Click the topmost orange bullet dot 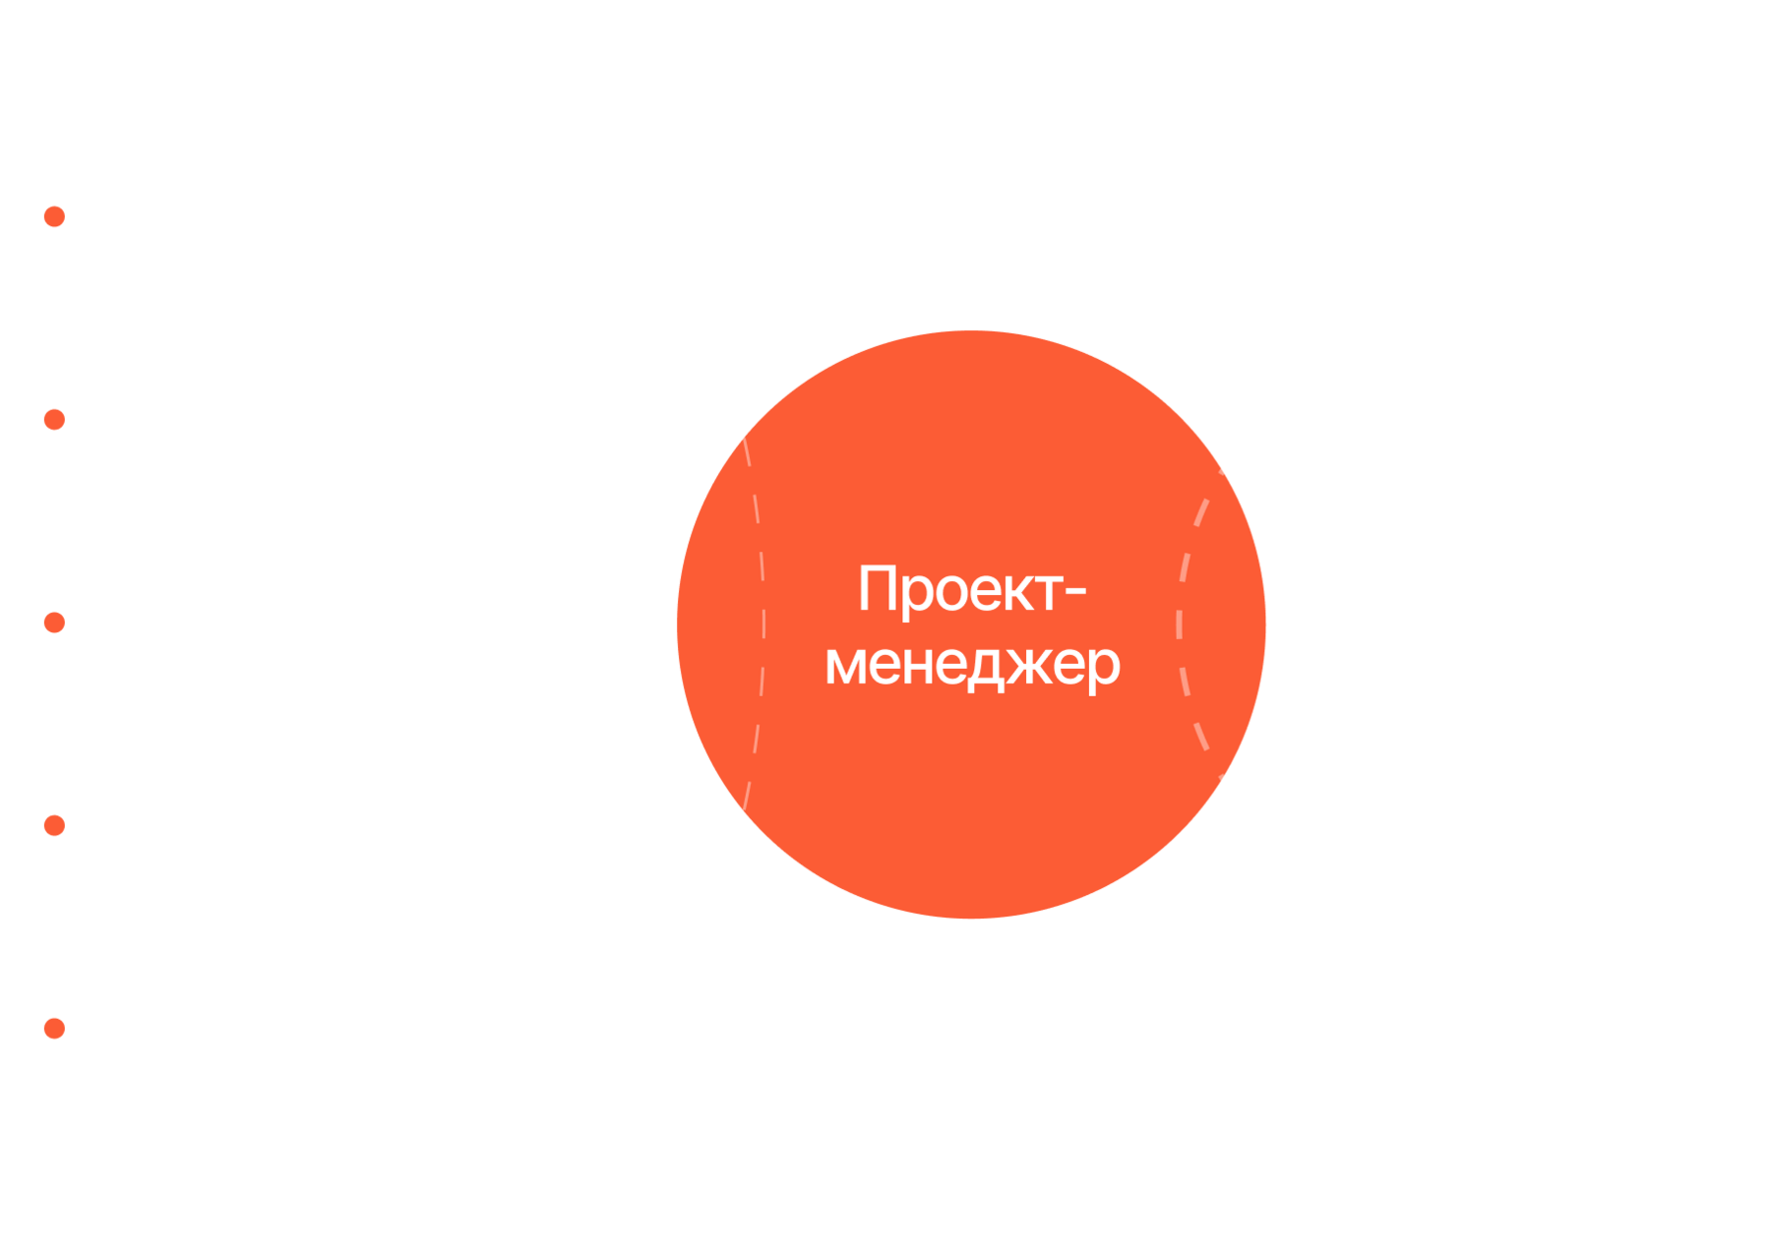pos(54,216)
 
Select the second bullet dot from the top pos(54,420)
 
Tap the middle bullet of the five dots pos(54,623)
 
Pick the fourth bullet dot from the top pos(54,825)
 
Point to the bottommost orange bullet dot pos(54,1029)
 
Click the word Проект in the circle pos(959,591)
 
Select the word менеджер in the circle pos(972,666)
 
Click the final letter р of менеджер pos(1102,669)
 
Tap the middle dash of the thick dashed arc pos(1179,624)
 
